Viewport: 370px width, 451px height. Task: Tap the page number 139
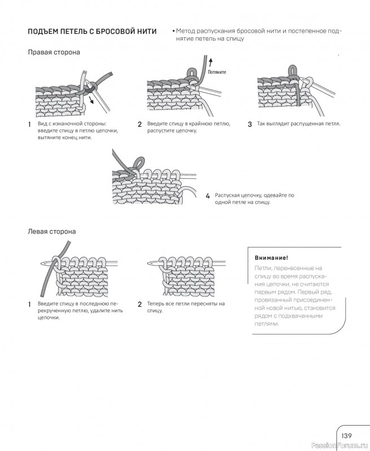click(346, 435)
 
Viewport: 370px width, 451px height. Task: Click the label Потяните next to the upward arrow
click(217, 72)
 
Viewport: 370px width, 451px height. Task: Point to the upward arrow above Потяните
click(210, 62)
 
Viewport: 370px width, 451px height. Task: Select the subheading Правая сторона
click(54, 52)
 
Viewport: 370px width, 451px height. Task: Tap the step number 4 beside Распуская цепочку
click(208, 196)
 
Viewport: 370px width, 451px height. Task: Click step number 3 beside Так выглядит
click(249, 124)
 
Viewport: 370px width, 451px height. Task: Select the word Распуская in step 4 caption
click(228, 195)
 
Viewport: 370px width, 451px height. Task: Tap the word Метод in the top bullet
click(187, 30)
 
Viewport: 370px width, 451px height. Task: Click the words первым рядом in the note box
click(279, 292)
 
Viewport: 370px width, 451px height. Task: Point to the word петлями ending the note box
click(266, 324)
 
